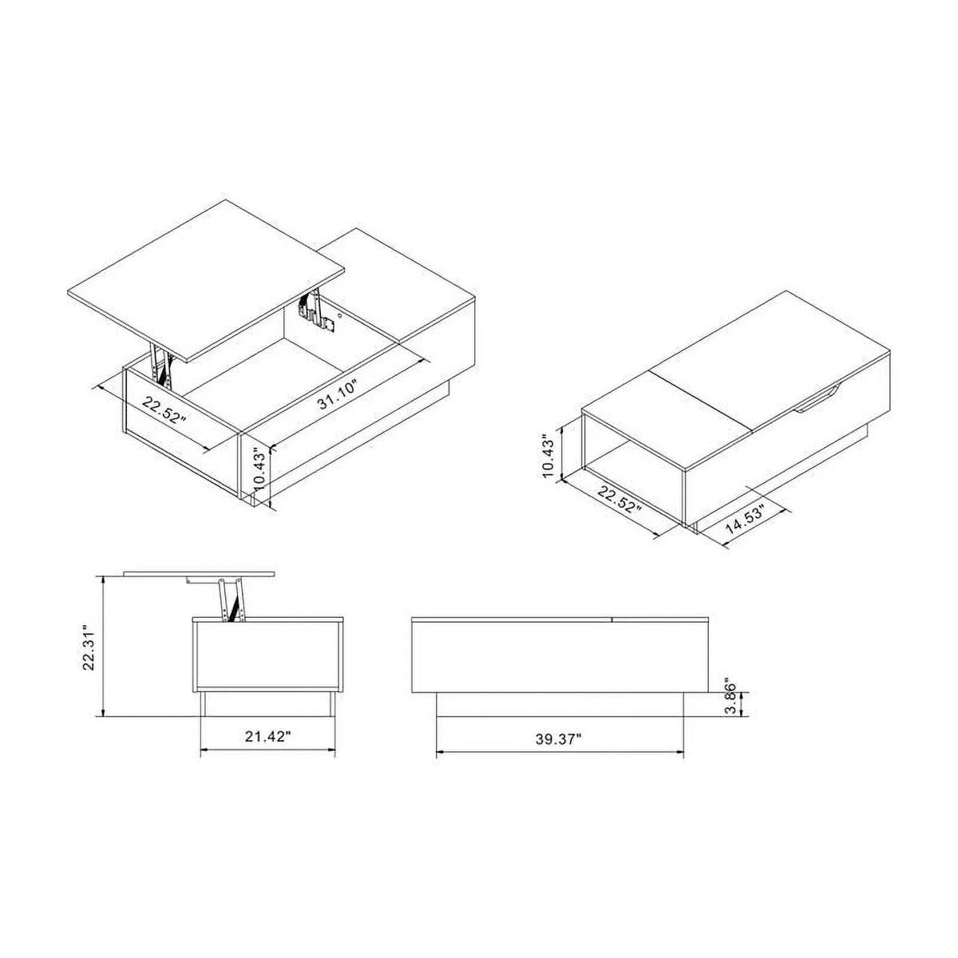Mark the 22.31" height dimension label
click(89, 648)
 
